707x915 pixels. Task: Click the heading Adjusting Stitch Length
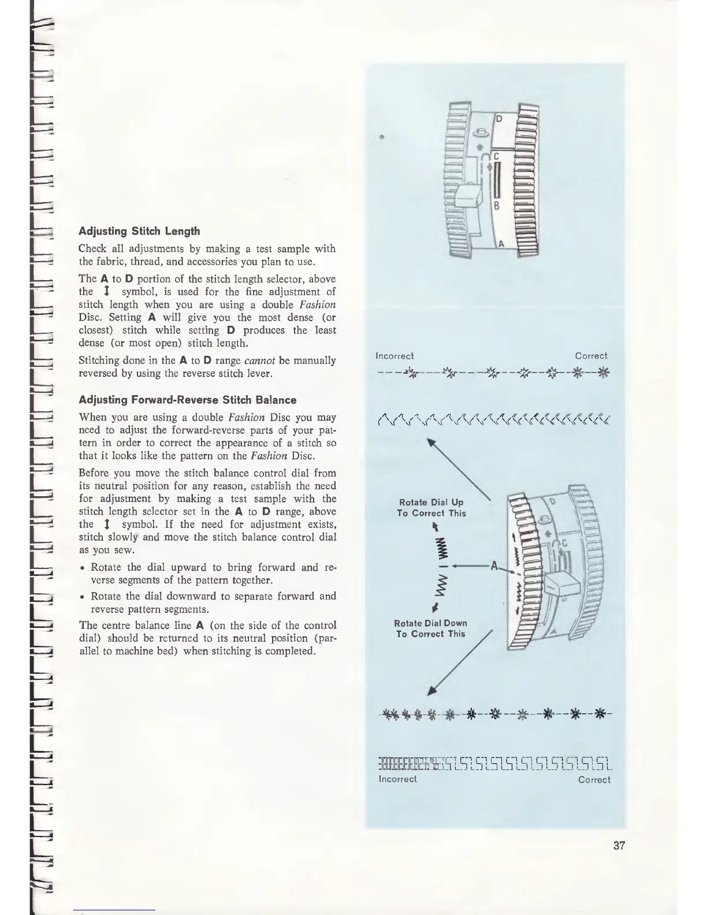(139, 231)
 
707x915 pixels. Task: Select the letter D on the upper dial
(499, 120)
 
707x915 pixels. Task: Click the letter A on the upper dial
(501, 243)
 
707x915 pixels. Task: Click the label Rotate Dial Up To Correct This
(431, 508)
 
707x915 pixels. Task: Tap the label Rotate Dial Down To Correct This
(430, 628)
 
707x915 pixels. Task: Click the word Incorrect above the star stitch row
(395, 356)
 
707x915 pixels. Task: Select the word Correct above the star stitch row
(591, 356)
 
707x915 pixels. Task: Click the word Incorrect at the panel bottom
(397, 779)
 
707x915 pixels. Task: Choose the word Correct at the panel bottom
(594, 780)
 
